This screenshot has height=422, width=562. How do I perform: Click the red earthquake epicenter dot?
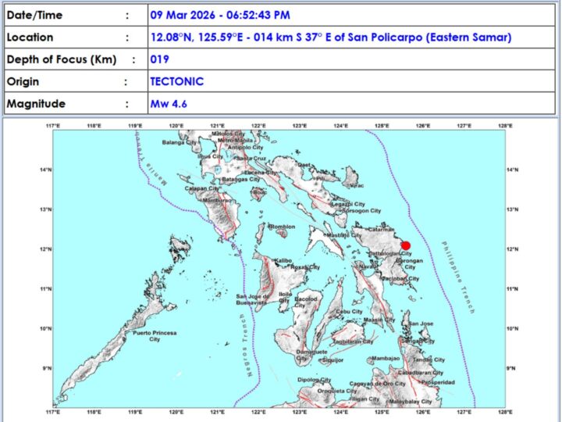pos(405,245)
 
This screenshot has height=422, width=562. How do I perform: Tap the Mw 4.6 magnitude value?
pos(169,104)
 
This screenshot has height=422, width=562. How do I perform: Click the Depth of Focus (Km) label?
pos(56,59)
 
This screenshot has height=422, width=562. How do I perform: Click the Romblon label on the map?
pos(282,227)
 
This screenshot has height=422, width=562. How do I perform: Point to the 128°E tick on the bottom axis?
pos(505,413)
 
